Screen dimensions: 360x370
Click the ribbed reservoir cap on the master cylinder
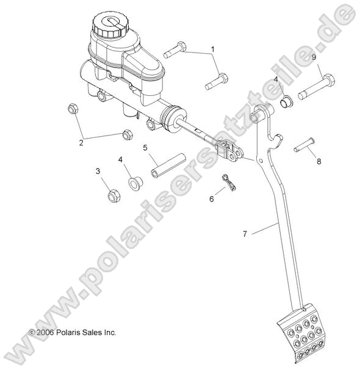tap(110, 25)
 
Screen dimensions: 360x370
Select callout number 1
tap(213, 49)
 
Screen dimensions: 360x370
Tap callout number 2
tap(81, 142)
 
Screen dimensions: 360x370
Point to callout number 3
tap(98, 171)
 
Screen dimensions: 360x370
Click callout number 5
tap(145, 148)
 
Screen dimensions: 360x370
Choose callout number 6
tap(212, 199)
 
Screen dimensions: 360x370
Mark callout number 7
tap(245, 234)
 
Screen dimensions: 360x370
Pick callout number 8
tap(319, 162)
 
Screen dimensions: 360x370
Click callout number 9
tap(314, 57)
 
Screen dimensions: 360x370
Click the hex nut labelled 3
tap(114, 195)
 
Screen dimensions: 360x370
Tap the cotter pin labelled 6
tap(229, 182)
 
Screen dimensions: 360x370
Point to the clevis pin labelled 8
tap(304, 145)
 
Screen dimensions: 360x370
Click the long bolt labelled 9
tap(317, 87)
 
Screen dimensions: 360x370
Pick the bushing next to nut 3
tap(135, 183)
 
